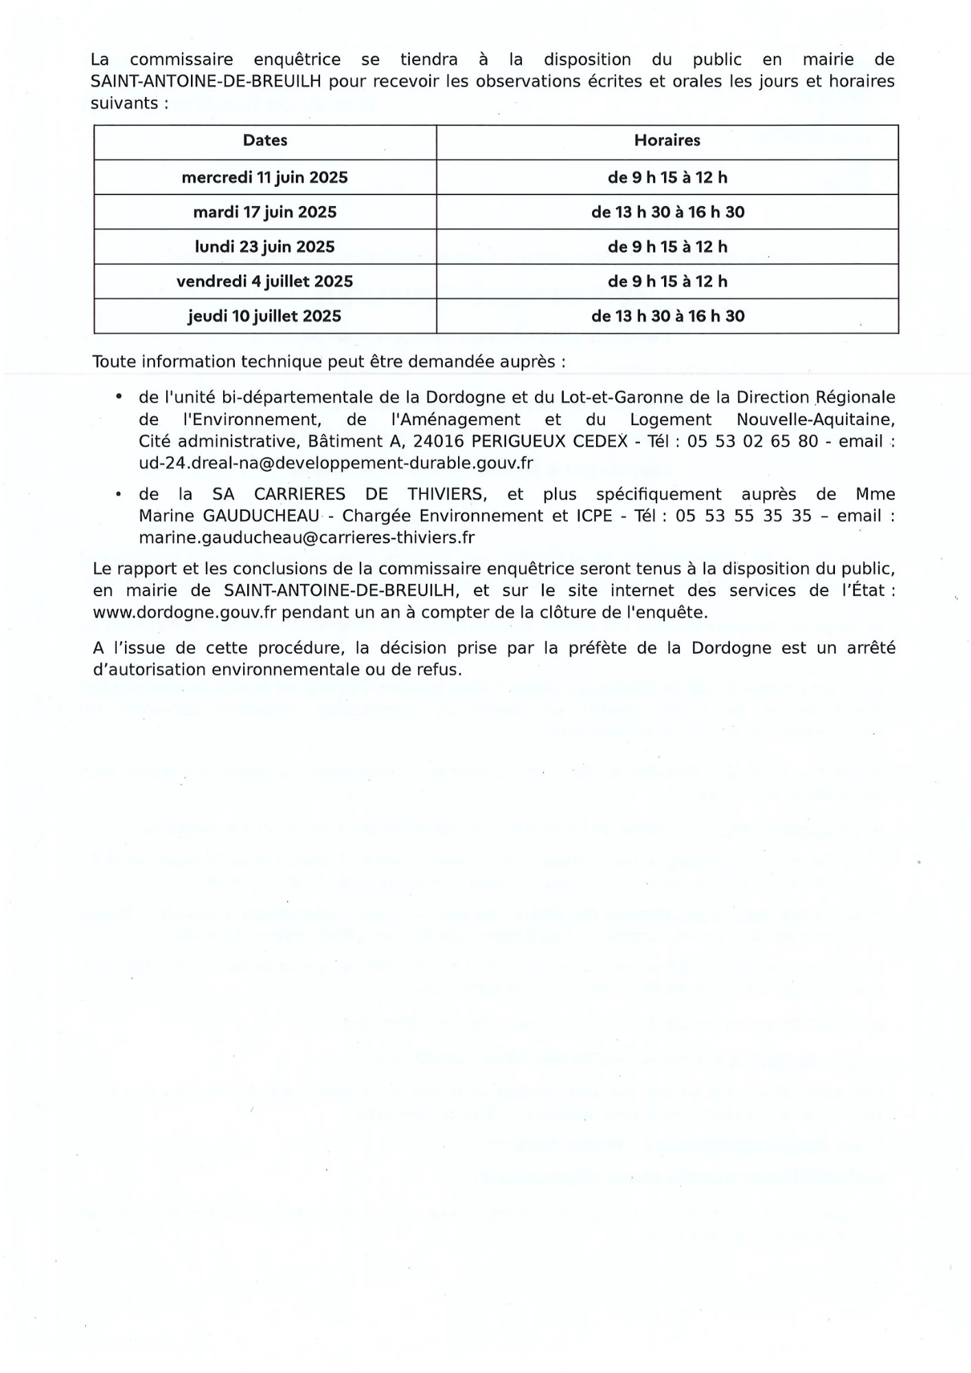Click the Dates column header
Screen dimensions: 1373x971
(x=265, y=141)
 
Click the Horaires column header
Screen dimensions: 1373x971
(x=667, y=141)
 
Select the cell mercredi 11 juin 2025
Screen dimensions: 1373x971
(x=265, y=178)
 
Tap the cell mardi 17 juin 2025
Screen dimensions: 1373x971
(x=265, y=212)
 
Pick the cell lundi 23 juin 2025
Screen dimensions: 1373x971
(x=265, y=247)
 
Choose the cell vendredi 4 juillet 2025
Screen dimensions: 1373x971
(x=265, y=282)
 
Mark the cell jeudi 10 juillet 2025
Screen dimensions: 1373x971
(x=265, y=317)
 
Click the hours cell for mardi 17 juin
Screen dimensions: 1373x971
(x=667, y=212)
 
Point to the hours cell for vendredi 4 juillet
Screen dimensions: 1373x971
(x=667, y=282)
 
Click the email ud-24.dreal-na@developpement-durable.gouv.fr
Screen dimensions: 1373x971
(x=336, y=464)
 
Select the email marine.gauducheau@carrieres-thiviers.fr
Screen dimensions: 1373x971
(x=306, y=538)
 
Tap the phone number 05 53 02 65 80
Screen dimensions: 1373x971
(x=753, y=442)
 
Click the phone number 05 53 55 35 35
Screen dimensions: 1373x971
(x=744, y=516)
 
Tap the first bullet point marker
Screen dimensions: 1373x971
(x=119, y=397)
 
